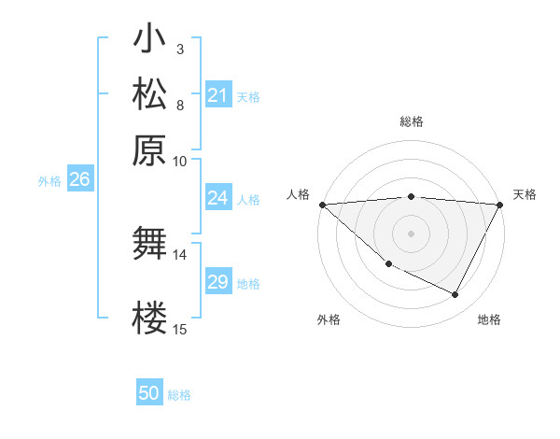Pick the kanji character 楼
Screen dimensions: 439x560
[x=149, y=318]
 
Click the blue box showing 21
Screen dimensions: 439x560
[x=218, y=95]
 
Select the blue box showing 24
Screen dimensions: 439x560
[x=218, y=198]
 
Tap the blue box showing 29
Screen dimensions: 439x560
[x=218, y=282]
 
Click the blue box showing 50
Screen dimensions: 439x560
[x=149, y=393]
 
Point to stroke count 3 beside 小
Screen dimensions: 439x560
[x=179, y=49]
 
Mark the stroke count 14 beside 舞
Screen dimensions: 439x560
[x=179, y=254]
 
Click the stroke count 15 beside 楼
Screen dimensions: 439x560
[x=179, y=329]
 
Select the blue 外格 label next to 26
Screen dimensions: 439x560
[x=49, y=181]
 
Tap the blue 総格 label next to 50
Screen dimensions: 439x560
[x=179, y=395]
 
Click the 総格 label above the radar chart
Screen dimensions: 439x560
[x=411, y=121]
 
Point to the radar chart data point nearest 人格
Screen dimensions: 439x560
[x=322, y=205]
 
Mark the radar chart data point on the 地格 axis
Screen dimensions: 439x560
[x=455, y=295]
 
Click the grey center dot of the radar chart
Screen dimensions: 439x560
[x=411, y=234]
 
